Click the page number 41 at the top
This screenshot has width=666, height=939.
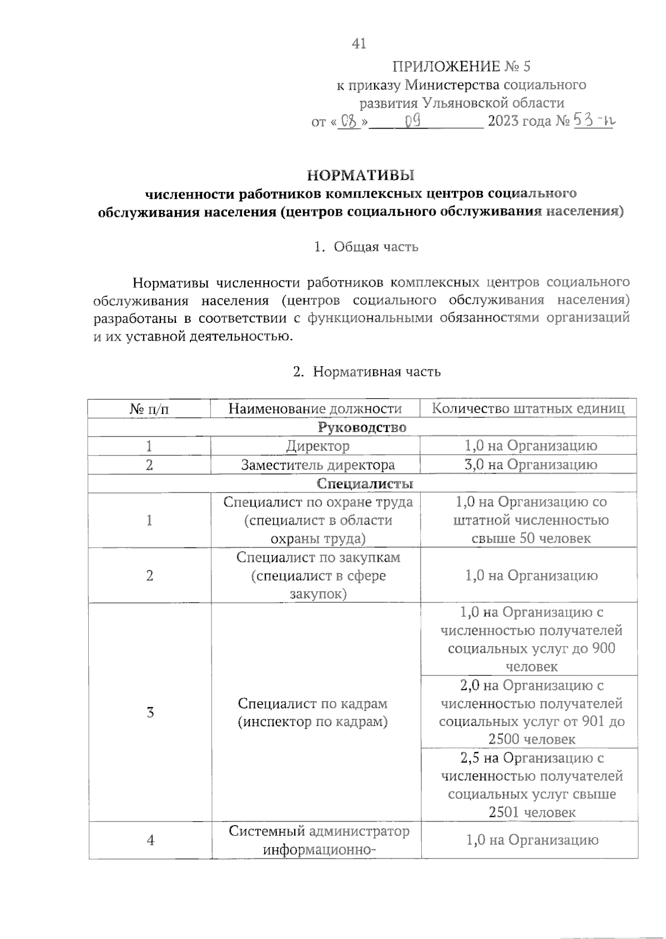pyautogui.click(x=359, y=43)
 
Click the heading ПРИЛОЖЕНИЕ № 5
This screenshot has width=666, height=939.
pyautogui.click(x=461, y=67)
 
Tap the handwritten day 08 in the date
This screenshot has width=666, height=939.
pyautogui.click(x=349, y=121)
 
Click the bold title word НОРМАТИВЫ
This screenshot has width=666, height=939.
pyautogui.click(x=361, y=175)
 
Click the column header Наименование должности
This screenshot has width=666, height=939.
pyautogui.click(x=315, y=409)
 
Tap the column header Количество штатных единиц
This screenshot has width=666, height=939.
pyautogui.click(x=528, y=409)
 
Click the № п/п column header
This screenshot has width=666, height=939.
pyautogui.click(x=149, y=409)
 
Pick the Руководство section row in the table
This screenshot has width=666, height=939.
pyautogui.click(x=362, y=428)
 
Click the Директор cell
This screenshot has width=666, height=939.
pyautogui.click(x=317, y=446)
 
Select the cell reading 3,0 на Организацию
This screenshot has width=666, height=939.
pyautogui.click(x=531, y=465)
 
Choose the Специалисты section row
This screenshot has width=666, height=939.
pyautogui.click(x=365, y=484)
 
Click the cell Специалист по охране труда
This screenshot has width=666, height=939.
pyautogui.click(x=317, y=520)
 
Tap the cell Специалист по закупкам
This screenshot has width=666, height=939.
pyautogui.click(x=318, y=575)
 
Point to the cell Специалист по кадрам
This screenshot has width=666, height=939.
pyautogui.click(x=312, y=712)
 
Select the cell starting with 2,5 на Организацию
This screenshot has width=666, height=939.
pyautogui.click(x=531, y=785)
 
